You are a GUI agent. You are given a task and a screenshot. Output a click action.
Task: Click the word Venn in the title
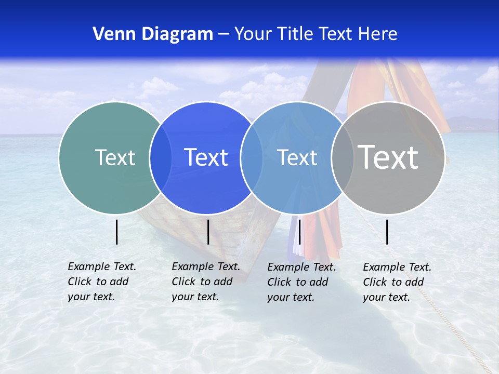point(110,34)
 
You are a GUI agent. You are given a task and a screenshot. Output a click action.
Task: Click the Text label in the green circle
point(115,157)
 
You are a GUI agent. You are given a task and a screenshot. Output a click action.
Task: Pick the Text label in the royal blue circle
point(206,157)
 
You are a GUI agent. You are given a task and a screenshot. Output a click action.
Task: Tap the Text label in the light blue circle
point(297,157)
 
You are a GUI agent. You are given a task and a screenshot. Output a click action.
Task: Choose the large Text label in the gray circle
point(388,157)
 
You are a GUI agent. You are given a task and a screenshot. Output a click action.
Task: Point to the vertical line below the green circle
point(117,232)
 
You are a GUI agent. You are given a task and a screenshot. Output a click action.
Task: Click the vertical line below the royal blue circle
point(208,232)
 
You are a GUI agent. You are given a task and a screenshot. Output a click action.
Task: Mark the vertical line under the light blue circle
point(299,232)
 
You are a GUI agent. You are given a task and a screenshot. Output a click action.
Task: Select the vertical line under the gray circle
point(387,232)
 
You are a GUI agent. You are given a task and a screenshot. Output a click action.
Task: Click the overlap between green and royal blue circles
point(161,157)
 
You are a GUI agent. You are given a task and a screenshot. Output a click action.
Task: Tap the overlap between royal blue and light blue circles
point(252,157)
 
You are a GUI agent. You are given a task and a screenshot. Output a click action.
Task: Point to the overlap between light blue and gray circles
point(342,157)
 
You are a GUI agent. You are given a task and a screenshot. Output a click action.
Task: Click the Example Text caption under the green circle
point(101,282)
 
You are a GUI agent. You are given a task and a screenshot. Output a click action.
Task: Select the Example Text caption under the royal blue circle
point(205,282)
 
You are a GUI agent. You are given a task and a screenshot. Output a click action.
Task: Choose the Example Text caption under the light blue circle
point(301,282)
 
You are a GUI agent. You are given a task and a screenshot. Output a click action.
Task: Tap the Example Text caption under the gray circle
point(397,282)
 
